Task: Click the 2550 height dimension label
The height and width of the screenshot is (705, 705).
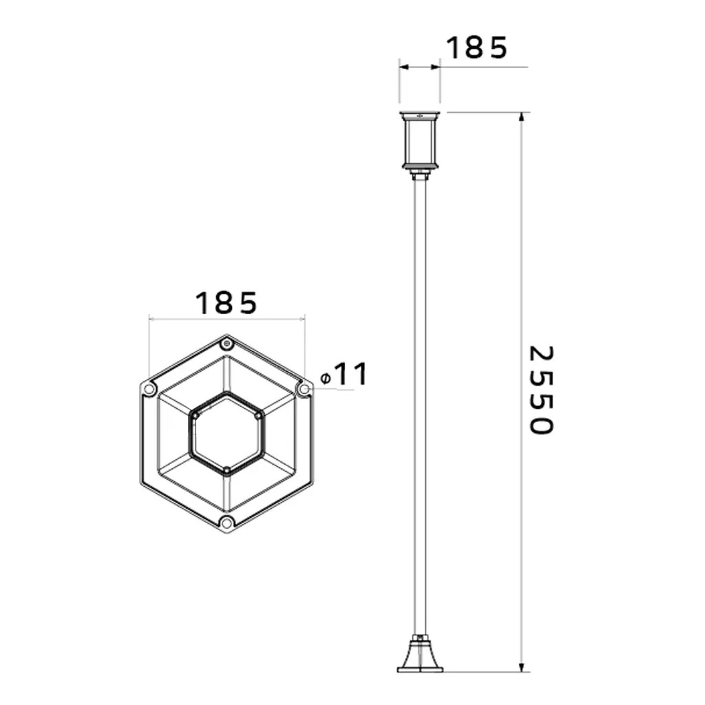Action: [x=540, y=390]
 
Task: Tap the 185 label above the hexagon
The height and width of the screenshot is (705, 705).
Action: [x=226, y=303]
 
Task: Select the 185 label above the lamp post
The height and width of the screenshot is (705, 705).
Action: [x=476, y=48]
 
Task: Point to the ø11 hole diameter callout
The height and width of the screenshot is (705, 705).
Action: [x=344, y=374]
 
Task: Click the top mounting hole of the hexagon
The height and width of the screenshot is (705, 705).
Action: [x=227, y=345]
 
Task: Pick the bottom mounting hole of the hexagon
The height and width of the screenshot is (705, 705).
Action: [x=227, y=523]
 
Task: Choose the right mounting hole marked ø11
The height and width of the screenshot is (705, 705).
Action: [x=304, y=388]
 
